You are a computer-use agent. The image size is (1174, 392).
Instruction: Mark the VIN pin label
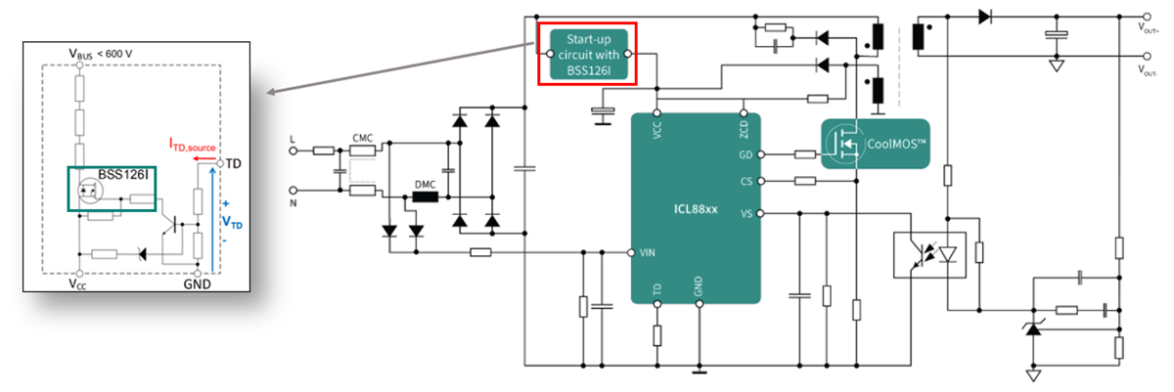pos(647,252)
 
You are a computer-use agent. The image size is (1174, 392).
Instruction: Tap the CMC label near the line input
pos(363,138)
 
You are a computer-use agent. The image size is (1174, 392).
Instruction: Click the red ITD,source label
pos(195,146)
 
